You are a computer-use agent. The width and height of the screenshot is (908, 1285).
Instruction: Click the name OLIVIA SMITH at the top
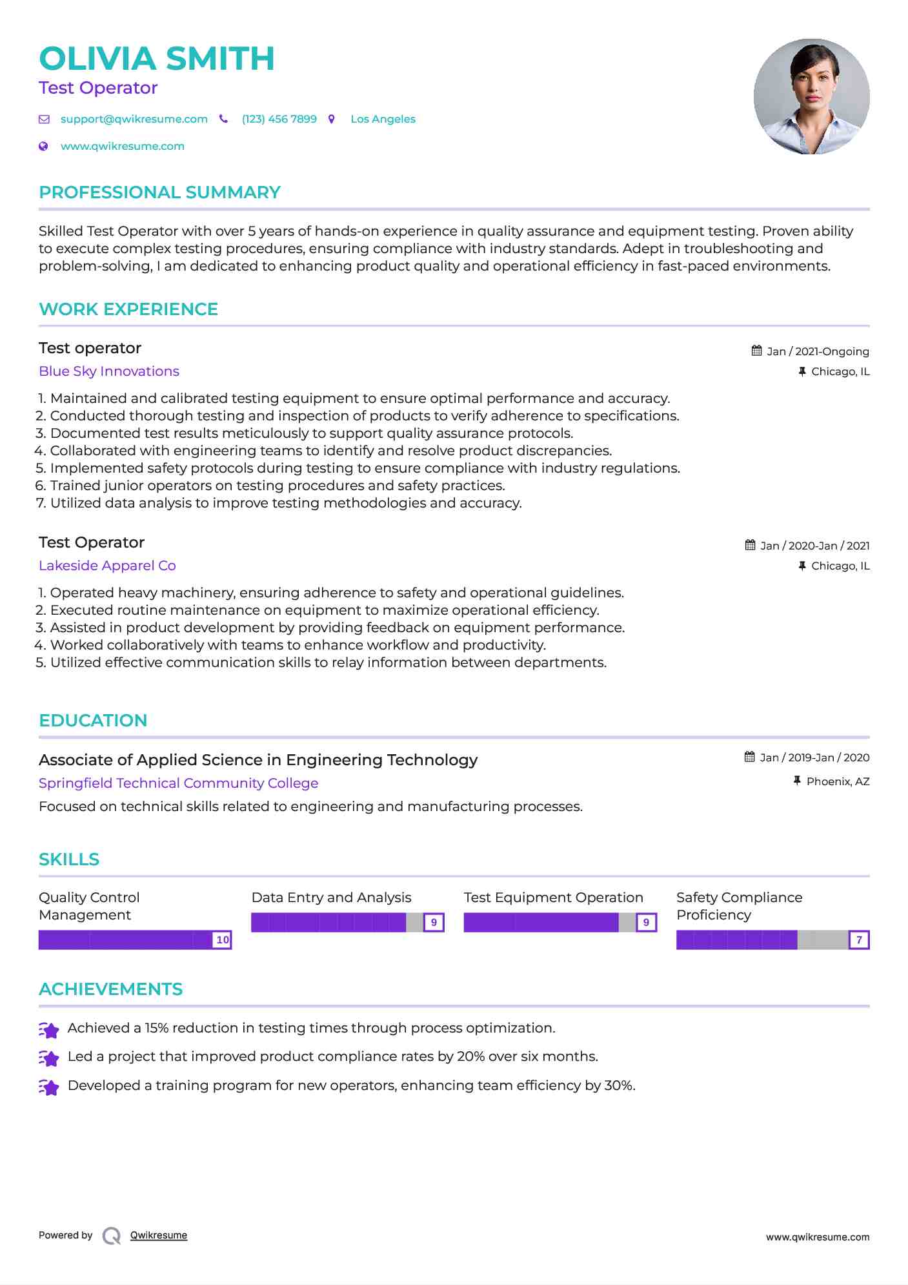[157, 59]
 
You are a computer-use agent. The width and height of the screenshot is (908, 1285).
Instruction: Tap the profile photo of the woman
[811, 97]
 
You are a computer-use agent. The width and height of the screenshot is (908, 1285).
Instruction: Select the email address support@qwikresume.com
[134, 119]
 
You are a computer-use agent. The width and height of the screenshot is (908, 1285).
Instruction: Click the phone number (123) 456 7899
[279, 119]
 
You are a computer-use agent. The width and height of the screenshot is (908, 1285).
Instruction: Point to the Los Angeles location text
[383, 119]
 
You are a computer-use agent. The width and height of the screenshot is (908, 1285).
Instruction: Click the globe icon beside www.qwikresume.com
[43, 147]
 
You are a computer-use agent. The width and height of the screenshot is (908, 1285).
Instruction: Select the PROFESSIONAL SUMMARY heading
[159, 192]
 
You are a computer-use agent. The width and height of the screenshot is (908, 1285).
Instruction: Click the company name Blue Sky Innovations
[109, 371]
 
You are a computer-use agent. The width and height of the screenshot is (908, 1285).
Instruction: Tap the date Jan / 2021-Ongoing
[818, 351]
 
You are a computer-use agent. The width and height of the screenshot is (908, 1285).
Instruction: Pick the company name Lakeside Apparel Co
[107, 566]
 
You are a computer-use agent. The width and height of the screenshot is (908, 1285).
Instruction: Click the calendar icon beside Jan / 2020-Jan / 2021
[750, 545]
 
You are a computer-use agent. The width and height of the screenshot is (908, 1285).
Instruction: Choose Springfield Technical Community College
[178, 783]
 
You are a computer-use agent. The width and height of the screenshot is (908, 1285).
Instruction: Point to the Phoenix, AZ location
[838, 781]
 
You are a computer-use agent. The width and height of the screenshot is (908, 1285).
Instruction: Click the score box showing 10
[223, 940]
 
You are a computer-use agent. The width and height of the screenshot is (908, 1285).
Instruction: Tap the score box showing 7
[859, 940]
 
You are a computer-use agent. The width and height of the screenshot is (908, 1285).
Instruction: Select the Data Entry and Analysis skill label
[331, 898]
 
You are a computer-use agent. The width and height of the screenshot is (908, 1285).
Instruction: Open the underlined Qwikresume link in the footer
[159, 1235]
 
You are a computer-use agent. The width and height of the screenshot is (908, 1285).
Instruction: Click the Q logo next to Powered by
[112, 1236]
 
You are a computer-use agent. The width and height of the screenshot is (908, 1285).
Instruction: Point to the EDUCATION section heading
[93, 721]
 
